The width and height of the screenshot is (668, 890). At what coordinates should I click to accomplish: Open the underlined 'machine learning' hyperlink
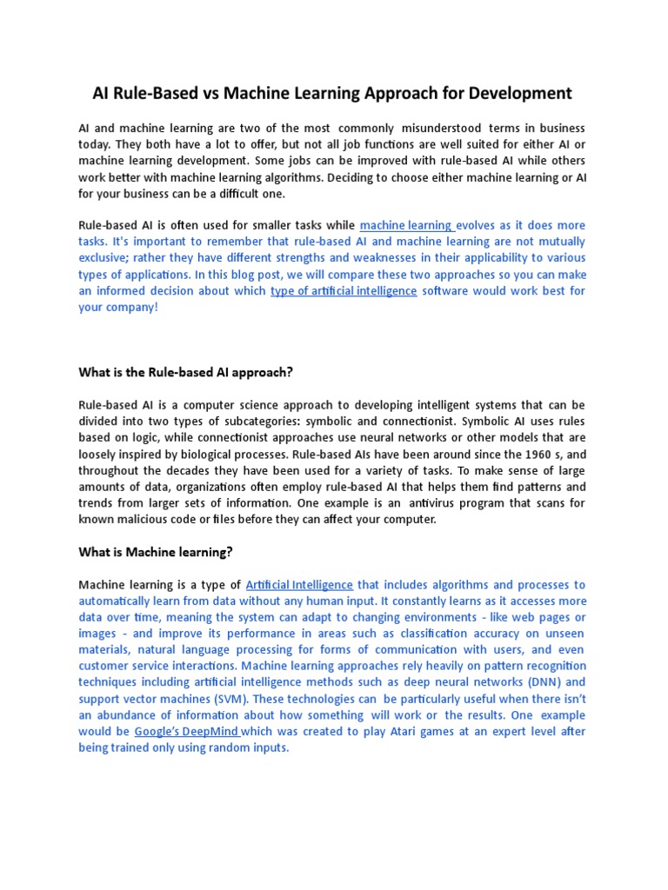pos(406,225)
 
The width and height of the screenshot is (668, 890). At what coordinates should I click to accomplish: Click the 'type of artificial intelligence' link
pos(344,291)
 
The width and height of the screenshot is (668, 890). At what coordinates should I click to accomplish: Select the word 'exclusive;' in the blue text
pos(107,258)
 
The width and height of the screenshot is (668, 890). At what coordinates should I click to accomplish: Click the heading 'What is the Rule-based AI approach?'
pos(186,373)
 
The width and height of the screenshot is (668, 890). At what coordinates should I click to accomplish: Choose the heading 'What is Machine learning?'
pos(156,552)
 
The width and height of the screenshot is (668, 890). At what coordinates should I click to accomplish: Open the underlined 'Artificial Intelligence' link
pos(299,585)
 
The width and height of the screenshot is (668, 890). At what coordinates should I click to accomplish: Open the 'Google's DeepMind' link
pos(187,732)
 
